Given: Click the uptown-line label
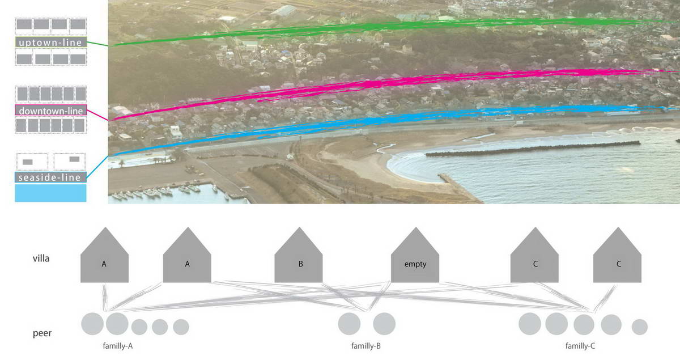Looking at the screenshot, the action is [50, 42].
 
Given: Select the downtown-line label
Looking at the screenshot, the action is [50, 111].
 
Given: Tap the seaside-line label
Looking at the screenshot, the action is [50, 177].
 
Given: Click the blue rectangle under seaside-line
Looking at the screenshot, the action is [50, 193].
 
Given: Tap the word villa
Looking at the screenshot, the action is [41, 259].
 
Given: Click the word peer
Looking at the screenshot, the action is [42, 333].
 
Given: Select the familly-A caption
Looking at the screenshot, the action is [118, 346].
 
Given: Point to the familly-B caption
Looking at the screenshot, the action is [366, 346].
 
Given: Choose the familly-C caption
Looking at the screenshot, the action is [580, 346].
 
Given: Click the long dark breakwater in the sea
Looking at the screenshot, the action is [533, 149].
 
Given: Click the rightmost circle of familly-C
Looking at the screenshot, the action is [640, 327].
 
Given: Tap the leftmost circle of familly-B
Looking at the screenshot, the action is [349, 324].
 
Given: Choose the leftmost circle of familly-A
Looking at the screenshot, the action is [92, 324].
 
